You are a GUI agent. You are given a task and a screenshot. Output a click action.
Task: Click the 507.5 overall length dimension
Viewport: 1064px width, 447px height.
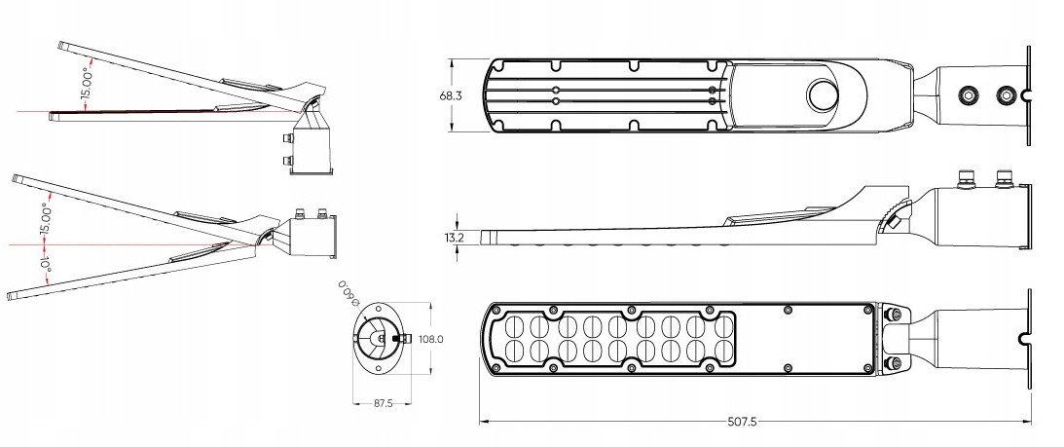point(743,422)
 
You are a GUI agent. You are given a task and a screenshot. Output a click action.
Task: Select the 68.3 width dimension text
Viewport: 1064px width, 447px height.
point(451,95)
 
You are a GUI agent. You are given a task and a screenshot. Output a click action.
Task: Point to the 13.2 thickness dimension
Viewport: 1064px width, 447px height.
point(454,237)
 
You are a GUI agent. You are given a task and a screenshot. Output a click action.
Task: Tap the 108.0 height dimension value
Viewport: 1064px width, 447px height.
point(431,339)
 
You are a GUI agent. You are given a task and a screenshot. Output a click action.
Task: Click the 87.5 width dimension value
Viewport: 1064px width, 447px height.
point(384,403)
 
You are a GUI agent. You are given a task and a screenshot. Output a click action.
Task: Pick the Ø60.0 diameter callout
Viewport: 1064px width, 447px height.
point(349,293)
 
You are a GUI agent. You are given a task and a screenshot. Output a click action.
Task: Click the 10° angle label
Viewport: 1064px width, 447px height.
point(46,270)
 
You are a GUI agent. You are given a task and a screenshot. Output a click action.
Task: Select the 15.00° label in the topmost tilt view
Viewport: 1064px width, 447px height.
point(87,84)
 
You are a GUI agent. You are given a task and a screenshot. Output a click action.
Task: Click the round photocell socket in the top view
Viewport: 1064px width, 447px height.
point(824,95)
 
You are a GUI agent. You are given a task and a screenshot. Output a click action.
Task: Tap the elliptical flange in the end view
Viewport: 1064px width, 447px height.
point(383,339)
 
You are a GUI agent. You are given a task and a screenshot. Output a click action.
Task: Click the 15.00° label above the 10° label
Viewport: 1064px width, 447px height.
point(46,218)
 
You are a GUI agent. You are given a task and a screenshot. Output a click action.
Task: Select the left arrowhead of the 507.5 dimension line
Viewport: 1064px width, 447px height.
point(484,422)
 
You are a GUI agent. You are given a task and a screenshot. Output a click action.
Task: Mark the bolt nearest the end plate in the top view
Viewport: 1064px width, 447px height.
point(1006,94)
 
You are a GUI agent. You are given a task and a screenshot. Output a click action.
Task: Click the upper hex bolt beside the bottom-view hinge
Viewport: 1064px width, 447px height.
point(894,314)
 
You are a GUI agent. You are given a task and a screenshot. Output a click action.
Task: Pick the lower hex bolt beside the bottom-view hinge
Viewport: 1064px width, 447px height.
point(894,363)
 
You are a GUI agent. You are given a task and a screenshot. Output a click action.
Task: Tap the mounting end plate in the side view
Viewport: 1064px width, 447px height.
point(1029,216)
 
